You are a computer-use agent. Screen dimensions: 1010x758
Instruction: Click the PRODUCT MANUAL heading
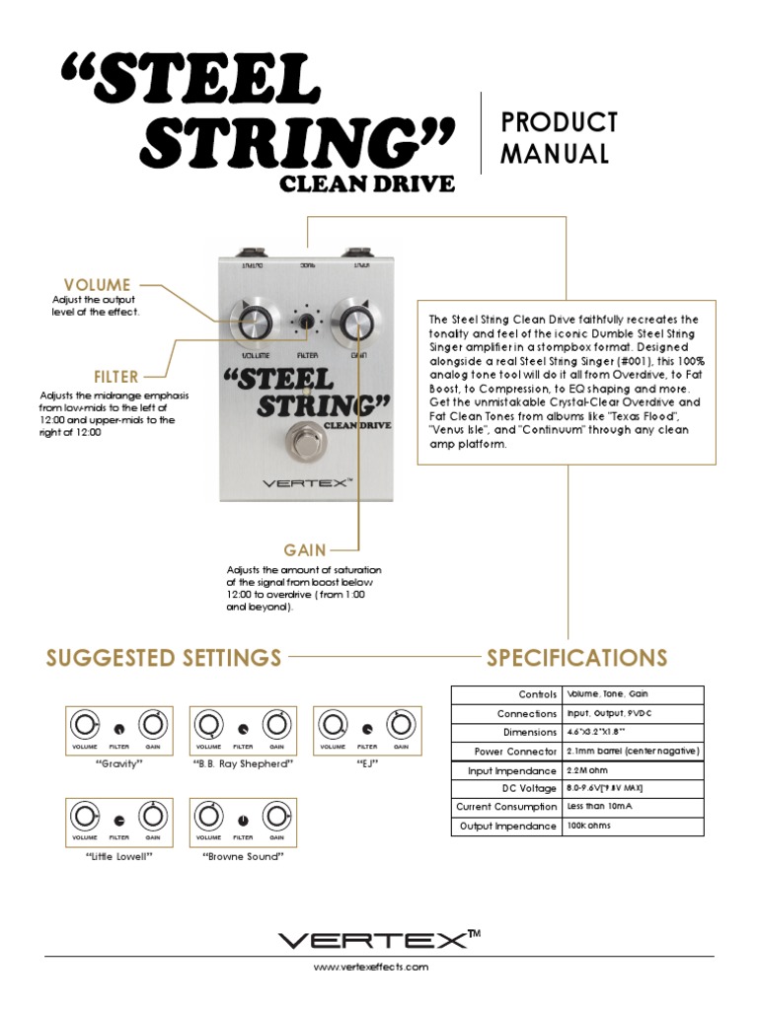tap(559, 138)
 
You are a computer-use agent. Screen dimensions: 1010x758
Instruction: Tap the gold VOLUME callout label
tap(97, 285)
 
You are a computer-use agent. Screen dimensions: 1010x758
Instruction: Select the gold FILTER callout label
tap(115, 377)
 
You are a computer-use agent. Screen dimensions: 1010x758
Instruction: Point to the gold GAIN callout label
tap(305, 549)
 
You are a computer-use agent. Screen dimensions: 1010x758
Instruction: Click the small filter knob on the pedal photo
tap(306, 323)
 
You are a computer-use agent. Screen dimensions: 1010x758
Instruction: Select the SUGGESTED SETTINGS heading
tap(164, 658)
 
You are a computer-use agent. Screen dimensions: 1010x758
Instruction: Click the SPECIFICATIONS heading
tap(576, 658)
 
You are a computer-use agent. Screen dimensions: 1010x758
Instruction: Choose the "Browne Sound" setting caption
tap(243, 856)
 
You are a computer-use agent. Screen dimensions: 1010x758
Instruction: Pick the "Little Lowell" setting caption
tap(118, 856)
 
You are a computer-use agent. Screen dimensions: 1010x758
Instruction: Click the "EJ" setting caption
tap(366, 764)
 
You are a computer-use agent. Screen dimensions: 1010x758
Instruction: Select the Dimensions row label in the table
tap(530, 733)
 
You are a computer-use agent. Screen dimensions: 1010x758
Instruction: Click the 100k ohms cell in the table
tap(590, 826)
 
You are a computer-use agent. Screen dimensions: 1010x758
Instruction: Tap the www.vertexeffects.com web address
tap(371, 968)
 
